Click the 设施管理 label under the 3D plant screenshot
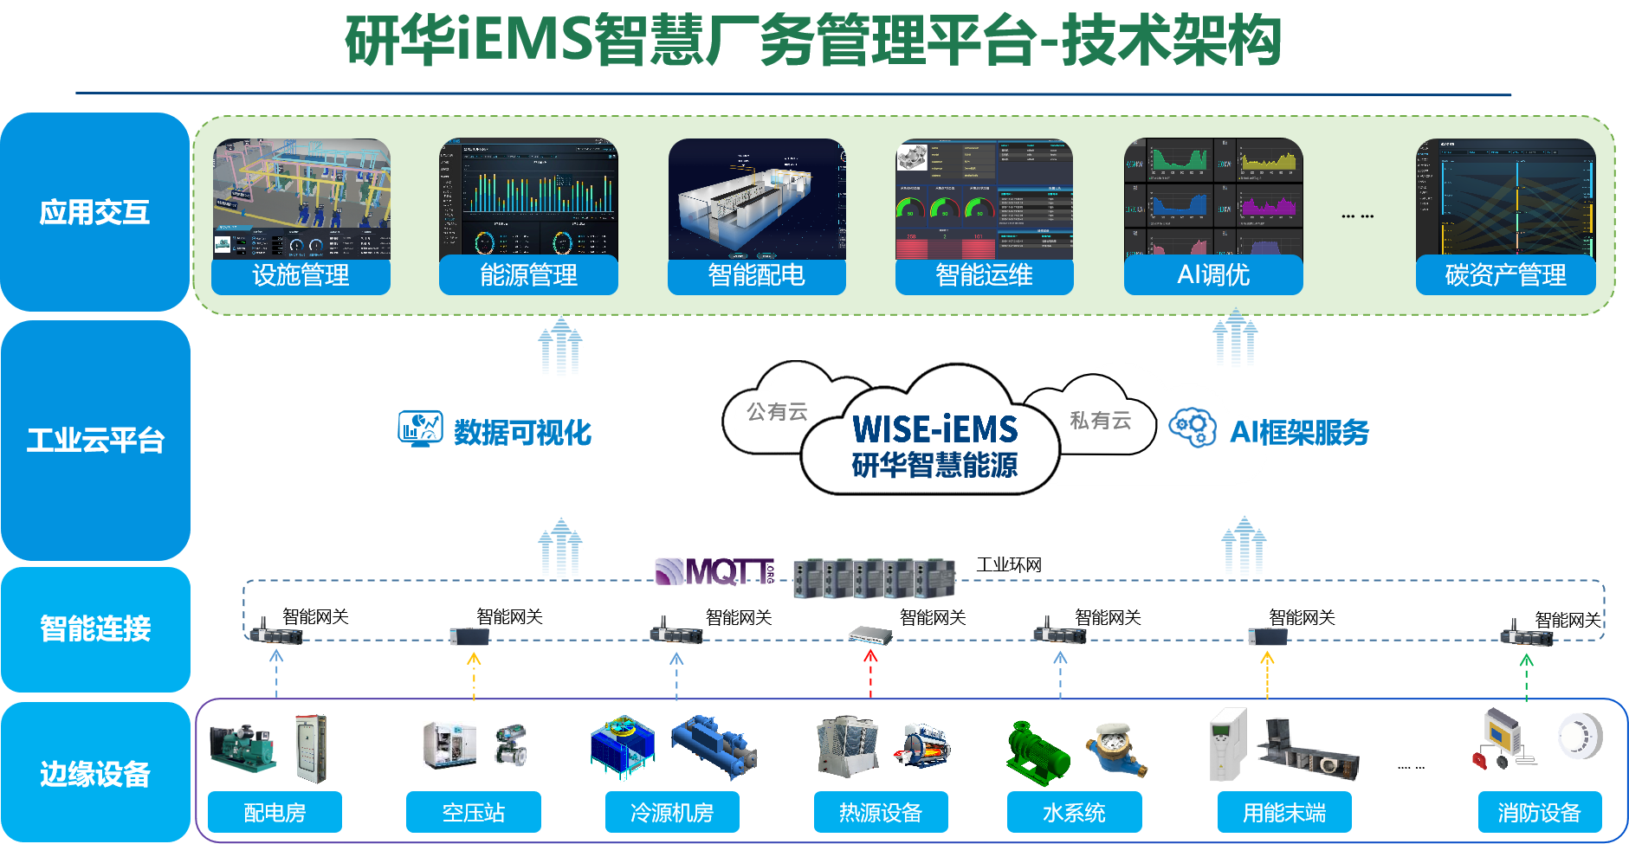tap(301, 275)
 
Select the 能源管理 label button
tap(528, 275)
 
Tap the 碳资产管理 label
tap(1505, 275)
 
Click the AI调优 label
tap(1212, 275)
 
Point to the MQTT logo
tap(715, 571)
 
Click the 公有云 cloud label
tap(777, 412)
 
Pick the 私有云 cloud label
tap(1100, 421)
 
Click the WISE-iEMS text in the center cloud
tap(934, 429)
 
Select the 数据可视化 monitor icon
tap(420, 428)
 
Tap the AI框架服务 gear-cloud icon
tap(1193, 428)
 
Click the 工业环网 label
tap(1009, 565)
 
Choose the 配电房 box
tap(275, 813)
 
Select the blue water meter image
tap(1115, 749)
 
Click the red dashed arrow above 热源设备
tap(870, 673)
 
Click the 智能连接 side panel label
tap(95, 628)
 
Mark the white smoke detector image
tap(1580, 737)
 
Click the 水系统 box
tap(1074, 813)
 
